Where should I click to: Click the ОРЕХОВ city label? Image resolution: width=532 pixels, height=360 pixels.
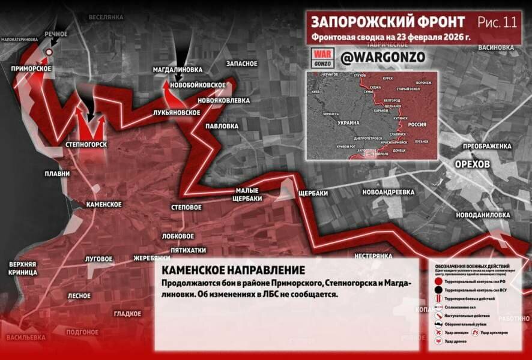[x=472, y=164]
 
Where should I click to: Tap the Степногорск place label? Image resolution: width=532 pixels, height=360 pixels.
[x=86, y=145]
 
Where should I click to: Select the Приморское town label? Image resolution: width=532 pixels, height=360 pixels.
[x=31, y=69]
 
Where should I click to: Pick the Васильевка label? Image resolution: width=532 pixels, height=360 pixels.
[x=26, y=337]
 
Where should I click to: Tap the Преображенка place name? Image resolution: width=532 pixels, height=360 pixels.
[x=486, y=146]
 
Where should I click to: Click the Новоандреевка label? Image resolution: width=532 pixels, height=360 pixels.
[x=388, y=192]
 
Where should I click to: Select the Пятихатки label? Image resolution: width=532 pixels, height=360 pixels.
[x=188, y=250]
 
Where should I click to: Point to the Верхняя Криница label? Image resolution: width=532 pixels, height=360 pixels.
[x=23, y=268]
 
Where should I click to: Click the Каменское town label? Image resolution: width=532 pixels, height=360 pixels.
[x=104, y=205]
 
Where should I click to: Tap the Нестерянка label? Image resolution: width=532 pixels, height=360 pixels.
[x=373, y=256]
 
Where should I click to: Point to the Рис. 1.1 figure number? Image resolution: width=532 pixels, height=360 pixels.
[x=497, y=22]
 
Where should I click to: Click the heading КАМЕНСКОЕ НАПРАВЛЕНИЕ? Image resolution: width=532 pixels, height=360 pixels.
[x=233, y=270]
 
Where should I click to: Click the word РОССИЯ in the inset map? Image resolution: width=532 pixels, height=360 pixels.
[x=417, y=124]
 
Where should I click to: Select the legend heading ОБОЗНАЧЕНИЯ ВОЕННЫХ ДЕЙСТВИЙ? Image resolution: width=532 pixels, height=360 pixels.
[x=473, y=266]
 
